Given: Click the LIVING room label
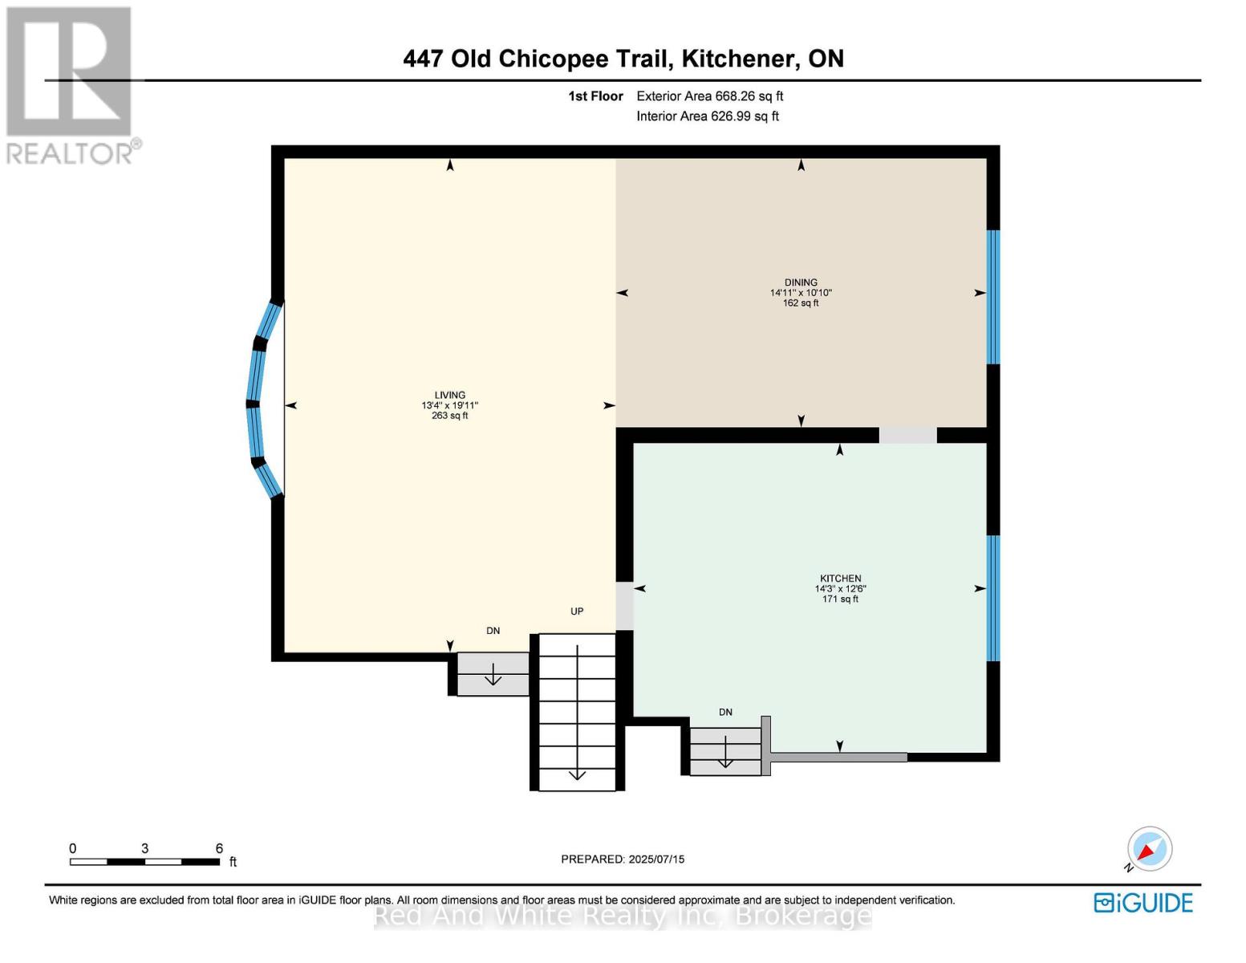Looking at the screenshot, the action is (449, 395).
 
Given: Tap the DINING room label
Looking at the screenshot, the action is (801, 282).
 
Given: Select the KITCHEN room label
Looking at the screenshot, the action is (840, 579).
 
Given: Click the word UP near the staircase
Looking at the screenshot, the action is (577, 612).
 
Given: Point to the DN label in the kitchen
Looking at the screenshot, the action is (725, 713).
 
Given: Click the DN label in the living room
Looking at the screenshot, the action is (493, 631).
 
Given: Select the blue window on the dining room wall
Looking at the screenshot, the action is (993, 297).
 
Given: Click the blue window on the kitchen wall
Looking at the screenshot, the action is (993, 598).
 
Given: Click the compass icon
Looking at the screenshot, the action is (1149, 849).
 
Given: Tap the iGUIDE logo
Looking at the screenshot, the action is (1143, 903).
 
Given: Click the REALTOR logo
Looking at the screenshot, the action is (69, 84).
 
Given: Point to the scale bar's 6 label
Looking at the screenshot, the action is (219, 848).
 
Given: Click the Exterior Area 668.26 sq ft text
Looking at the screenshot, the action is (709, 96).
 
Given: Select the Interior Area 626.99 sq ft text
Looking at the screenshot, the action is (707, 116).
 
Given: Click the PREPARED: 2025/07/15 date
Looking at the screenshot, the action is (623, 859).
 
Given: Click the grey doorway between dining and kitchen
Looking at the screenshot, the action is (907, 435).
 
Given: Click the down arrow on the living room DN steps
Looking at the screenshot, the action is (493, 677).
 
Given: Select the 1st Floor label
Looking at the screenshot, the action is (595, 96).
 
